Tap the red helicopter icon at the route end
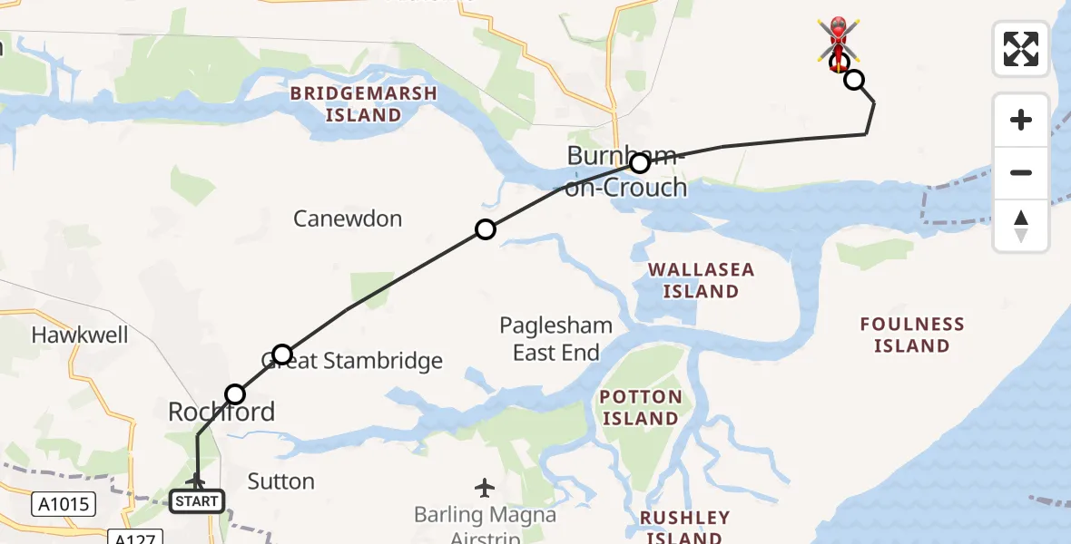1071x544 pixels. tap(838, 40)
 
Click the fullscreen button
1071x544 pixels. tap(1021, 49)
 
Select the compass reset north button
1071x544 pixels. tap(1021, 226)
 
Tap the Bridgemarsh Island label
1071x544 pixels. tap(363, 104)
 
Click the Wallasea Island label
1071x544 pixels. tap(701, 280)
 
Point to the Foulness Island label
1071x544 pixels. tap(911, 335)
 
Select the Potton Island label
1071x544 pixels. tap(641, 407)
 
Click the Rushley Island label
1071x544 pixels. tap(684, 526)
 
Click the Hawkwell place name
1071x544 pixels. tap(80, 335)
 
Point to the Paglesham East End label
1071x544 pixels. tap(556, 338)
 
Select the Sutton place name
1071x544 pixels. tap(281, 481)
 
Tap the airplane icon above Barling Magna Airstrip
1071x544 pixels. tap(486, 488)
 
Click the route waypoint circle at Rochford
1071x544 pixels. tap(235, 393)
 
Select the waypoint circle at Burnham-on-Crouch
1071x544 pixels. tap(640, 163)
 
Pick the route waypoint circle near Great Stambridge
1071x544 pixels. tap(282, 354)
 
